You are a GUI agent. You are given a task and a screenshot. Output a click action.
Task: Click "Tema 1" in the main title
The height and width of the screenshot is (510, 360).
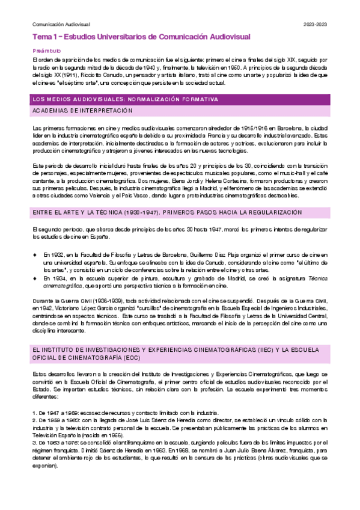[x=44, y=37]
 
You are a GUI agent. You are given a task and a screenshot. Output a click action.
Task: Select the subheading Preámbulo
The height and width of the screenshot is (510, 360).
[x=44, y=51]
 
